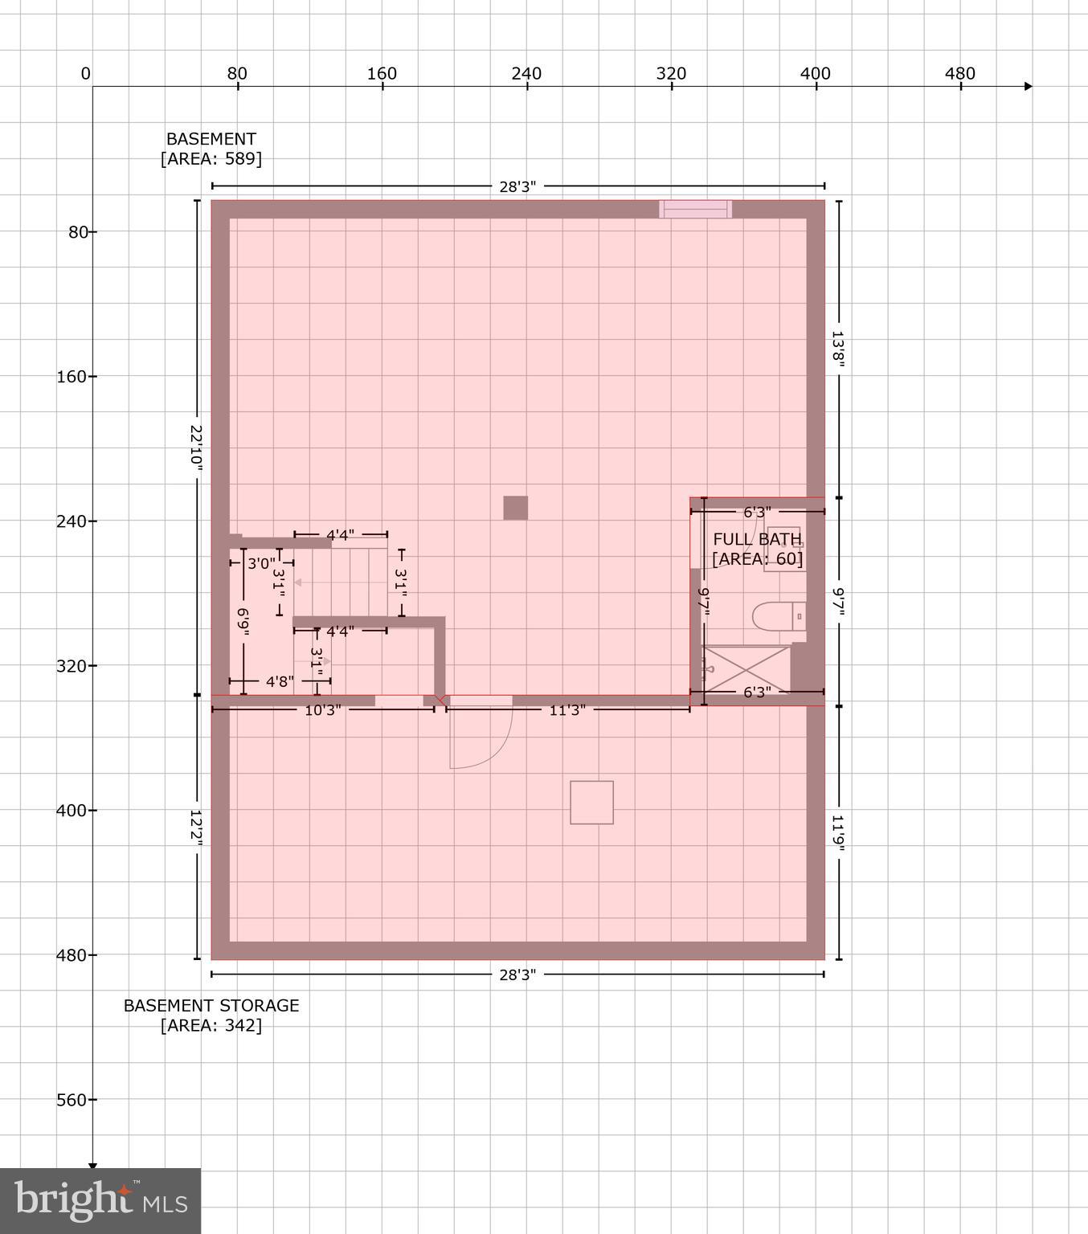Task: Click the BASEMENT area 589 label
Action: (211, 149)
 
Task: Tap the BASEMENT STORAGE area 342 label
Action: (211, 1015)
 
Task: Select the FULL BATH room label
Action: (757, 539)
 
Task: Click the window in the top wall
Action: (695, 209)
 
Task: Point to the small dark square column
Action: (516, 508)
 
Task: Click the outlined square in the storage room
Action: (591, 802)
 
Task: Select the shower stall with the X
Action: (746, 668)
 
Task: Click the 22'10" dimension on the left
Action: (196, 446)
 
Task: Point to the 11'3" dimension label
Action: (567, 710)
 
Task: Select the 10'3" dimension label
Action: (323, 710)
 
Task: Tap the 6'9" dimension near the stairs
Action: (243, 623)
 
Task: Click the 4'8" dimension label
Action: (280, 681)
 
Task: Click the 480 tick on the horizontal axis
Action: (960, 75)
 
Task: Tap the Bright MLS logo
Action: (100, 1201)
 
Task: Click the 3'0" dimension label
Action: (261, 563)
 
